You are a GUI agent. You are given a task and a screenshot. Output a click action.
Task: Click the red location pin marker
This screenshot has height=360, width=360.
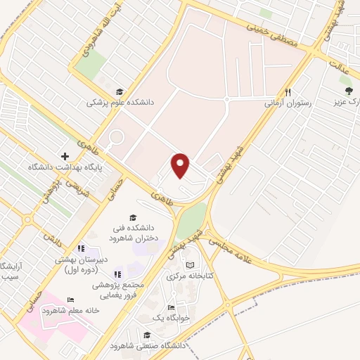click(x=181, y=165)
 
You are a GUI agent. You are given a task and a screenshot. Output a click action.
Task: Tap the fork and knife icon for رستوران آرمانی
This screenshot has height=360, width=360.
click(x=288, y=92)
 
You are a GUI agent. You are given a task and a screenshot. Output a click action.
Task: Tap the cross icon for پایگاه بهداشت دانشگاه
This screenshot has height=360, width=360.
click(x=65, y=156)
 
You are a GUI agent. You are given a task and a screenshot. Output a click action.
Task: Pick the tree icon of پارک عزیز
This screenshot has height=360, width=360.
click(x=348, y=91)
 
